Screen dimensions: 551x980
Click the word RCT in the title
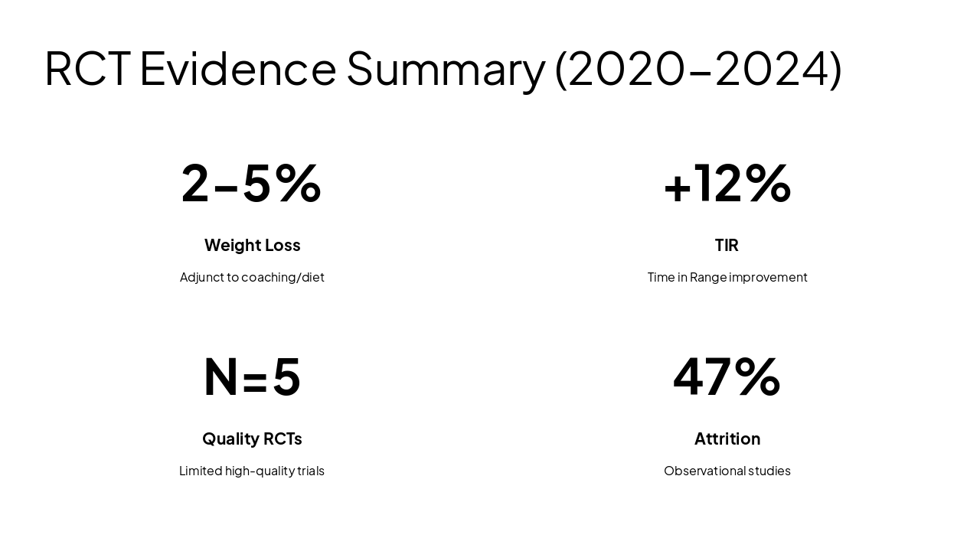pyautogui.click(x=87, y=68)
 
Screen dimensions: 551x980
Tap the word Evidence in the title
pyautogui.click(x=238, y=68)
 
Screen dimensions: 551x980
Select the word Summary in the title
pyautogui.click(x=446, y=68)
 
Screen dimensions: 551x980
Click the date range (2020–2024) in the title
pyautogui.click(x=698, y=68)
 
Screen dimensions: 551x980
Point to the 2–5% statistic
pyautogui.click(x=251, y=183)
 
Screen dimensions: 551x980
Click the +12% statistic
pyautogui.click(x=727, y=183)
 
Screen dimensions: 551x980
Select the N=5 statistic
pyautogui.click(x=252, y=377)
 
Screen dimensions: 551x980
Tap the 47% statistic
pyautogui.click(x=727, y=377)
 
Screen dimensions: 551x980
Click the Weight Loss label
pyautogui.click(x=252, y=245)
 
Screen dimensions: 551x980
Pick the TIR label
pyautogui.click(x=727, y=245)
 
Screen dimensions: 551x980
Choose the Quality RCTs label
pyautogui.click(x=252, y=439)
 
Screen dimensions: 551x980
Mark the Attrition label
pyautogui.click(x=727, y=439)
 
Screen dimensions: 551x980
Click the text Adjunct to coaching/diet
pyautogui.click(x=252, y=277)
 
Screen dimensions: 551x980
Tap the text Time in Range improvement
pyautogui.click(x=727, y=277)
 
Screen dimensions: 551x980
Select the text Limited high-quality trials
pyautogui.click(x=252, y=471)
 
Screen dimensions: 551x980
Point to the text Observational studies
pyautogui.click(x=727, y=471)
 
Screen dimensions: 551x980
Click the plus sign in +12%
pyautogui.click(x=677, y=186)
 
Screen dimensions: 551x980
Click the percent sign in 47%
pyautogui.click(x=757, y=377)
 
